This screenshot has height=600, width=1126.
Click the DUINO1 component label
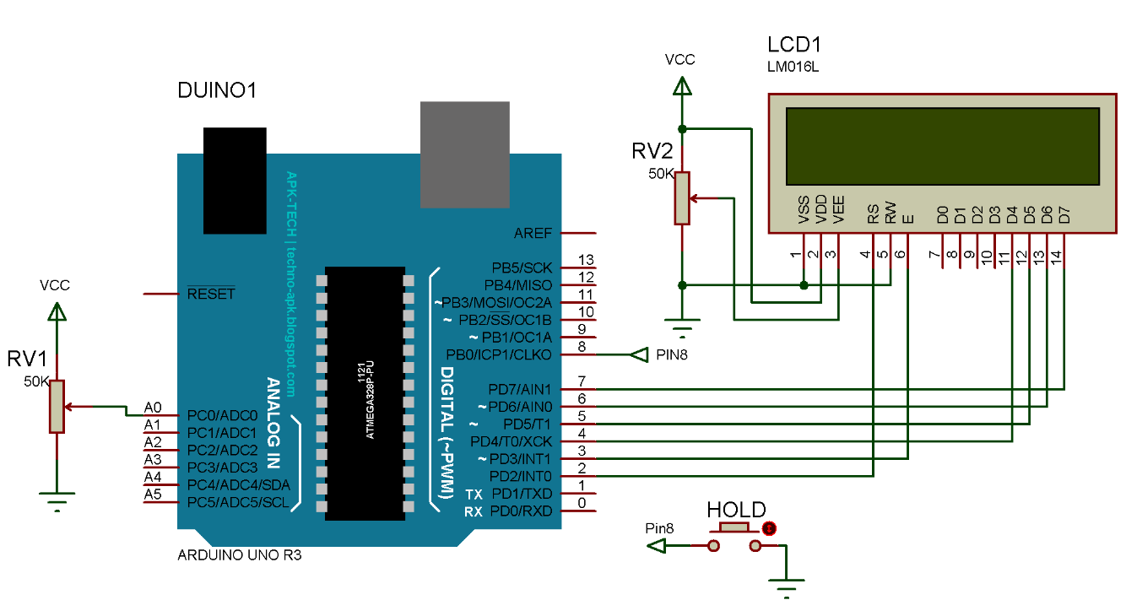point(216,90)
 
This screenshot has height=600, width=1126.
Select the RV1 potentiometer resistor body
point(57,407)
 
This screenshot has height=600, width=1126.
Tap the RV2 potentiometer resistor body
point(682,198)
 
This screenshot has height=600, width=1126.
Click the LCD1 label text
point(793,46)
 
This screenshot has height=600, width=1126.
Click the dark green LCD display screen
point(942,147)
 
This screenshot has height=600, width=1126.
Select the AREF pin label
point(533,233)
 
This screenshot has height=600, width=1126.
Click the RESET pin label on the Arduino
point(211,295)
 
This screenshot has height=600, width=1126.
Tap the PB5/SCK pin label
point(522,268)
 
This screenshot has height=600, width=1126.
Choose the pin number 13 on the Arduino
point(586,259)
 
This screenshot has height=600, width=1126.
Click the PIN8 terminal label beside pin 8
point(672,355)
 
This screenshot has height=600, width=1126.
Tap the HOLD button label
point(736,510)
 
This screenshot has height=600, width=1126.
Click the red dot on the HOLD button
point(769,529)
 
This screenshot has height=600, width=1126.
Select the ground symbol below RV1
point(57,505)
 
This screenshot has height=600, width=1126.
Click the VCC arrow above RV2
point(682,86)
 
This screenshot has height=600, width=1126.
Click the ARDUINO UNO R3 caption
point(239,556)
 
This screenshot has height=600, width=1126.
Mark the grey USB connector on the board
point(465,154)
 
